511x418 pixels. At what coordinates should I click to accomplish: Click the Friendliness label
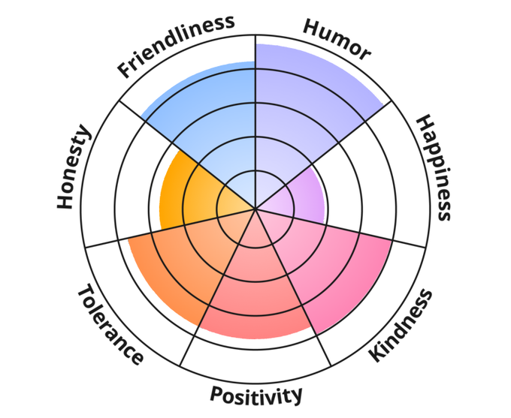[x=176, y=47]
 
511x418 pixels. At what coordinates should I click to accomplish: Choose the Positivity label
[x=256, y=395]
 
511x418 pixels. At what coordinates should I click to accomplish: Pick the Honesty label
[x=74, y=168]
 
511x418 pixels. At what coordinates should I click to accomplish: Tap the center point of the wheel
[x=255, y=209]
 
